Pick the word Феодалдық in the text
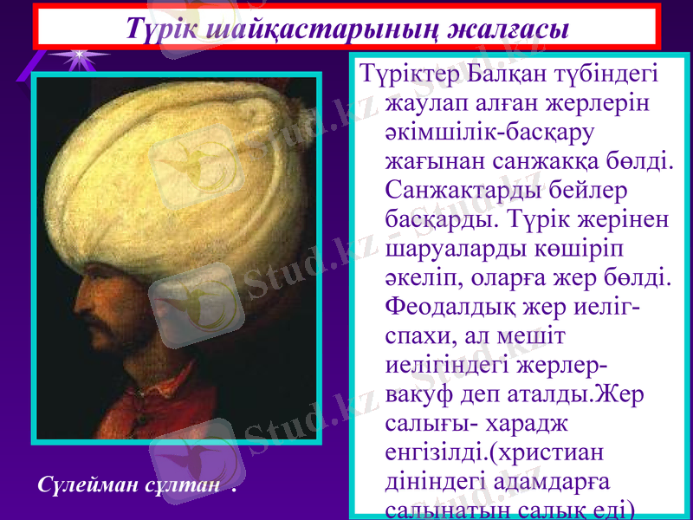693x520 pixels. pos(456,306)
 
